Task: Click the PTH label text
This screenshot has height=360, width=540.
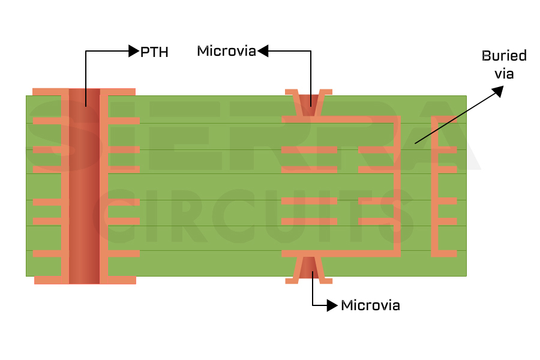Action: pyautogui.click(x=154, y=52)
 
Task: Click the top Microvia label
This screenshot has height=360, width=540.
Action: pyautogui.click(x=226, y=52)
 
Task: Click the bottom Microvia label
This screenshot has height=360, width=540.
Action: pyautogui.click(x=370, y=305)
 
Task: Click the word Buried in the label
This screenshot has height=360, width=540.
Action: pyautogui.click(x=504, y=56)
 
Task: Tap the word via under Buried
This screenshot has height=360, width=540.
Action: pyautogui.click(x=504, y=73)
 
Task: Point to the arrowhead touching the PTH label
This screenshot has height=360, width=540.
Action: pyautogui.click(x=134, y=52)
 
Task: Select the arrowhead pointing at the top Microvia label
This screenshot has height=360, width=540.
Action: pyautogui.click(x=262, y=52)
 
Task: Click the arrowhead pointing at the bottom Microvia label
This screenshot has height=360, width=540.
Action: pyautogui.click(x=332, y=305)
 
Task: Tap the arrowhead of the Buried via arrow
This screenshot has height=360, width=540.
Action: pyautogui.click(x=498, y=90)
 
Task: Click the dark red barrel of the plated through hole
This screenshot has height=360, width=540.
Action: pyautogui.click(x=84, y=186)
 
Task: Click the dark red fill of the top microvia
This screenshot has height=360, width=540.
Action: pyautogui.click(x=308, y=102)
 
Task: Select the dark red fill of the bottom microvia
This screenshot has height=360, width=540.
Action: pyautogui.click(x=308, y=268)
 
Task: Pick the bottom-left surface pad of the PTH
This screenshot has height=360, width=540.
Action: pyautogui.click(x=51, y=280)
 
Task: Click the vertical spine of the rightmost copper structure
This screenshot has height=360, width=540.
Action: pyautogui.click(x=436, y=186)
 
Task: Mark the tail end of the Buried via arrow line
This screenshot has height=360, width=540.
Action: pyautogui.click(x=415, y=143)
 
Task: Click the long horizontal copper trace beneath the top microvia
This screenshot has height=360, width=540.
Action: pyautogui.click(x=340, y=120)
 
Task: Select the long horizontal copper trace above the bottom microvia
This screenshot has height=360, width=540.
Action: pyautogui.click(x=340, y=253)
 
